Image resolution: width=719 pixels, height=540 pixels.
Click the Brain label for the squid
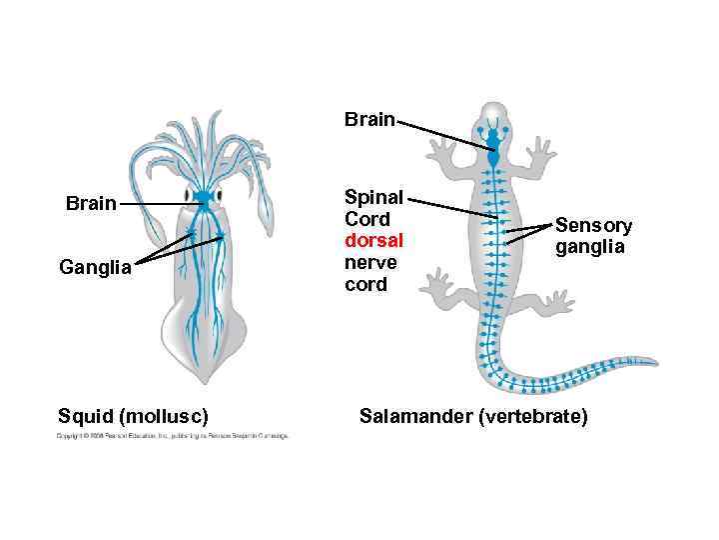point(91,204)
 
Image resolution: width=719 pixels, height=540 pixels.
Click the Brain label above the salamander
point(369,120)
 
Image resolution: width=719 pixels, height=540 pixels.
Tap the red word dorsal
point(373,241)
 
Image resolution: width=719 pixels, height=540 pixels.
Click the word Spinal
point(373,197)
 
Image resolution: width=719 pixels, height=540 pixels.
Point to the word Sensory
point(593,226)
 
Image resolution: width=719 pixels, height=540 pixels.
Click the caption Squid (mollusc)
point(133,415)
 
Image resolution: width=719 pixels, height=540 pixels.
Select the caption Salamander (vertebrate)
point(473,415)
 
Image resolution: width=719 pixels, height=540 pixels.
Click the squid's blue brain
point(204,195)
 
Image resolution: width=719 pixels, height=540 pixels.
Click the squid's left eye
point(186,194)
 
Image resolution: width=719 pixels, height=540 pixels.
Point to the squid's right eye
point(222,194)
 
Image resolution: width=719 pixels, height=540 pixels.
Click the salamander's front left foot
point(438,150)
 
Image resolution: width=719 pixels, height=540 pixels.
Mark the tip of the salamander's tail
point(654,362)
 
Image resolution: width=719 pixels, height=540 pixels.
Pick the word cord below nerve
point(367,285)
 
